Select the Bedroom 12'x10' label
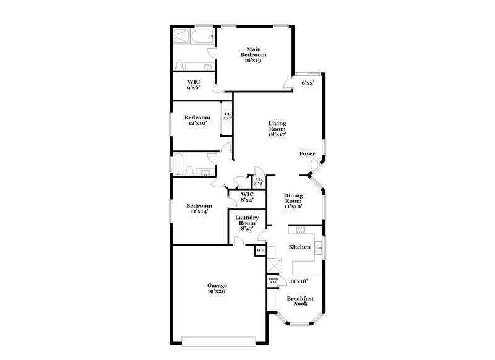196,120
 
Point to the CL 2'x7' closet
227,117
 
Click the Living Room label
277,128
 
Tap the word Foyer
307,153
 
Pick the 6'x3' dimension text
307,82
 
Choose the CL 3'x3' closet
259,181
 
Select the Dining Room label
293,201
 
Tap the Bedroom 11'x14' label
199,208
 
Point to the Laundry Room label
246,223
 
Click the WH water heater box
260,250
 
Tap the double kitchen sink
317,249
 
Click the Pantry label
272,280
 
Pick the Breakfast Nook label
300,302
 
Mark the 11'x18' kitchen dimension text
299,281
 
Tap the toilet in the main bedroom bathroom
178,66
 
